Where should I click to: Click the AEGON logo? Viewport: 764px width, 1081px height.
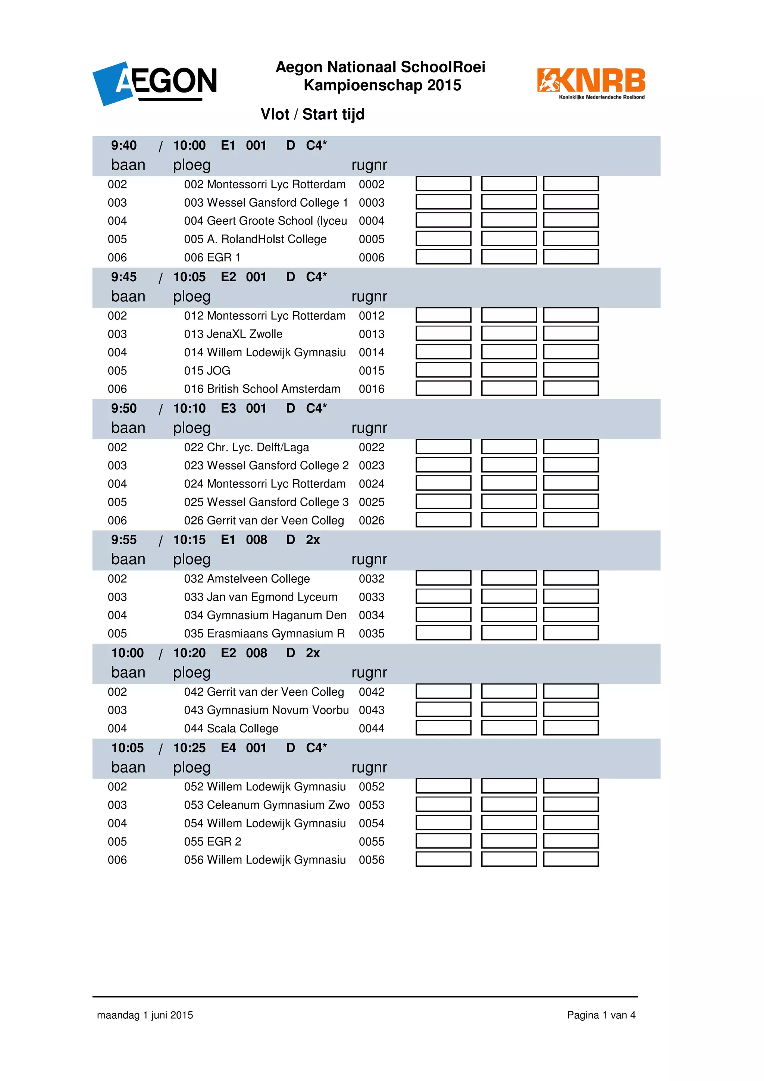[155, 83]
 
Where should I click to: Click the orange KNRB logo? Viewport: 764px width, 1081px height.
[591, 83]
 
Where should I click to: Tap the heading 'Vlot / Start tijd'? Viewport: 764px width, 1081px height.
[313, 115]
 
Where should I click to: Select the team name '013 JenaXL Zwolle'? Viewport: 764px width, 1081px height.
[233, 334]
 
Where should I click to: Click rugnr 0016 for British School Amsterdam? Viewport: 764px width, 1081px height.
[372, 389]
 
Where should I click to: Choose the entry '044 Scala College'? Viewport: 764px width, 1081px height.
[231, 728]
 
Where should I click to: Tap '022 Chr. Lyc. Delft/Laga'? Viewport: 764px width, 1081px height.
[247, 447]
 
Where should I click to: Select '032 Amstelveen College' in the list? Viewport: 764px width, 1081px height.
[247, 579]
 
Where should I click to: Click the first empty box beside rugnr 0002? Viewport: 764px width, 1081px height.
[443, 184]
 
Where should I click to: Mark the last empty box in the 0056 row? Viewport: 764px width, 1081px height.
[570, 859]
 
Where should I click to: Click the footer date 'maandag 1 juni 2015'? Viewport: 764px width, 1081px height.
[145, 1015]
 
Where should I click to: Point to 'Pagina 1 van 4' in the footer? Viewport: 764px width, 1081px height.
[601, 1015]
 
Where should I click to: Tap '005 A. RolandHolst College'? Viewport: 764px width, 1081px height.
[255, 239]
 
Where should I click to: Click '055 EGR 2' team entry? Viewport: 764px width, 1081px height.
[213, 842]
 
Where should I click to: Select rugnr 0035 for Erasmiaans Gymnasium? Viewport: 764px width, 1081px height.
[372, 634]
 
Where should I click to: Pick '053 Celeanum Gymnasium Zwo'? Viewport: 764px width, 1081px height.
[266, 805]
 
